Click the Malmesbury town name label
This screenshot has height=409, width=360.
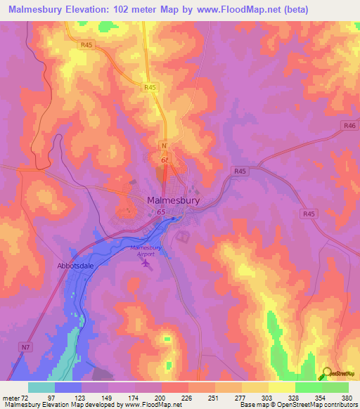pyautogui.click(x=173, y=200)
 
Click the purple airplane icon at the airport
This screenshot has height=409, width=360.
pyautogui.click(x=146, y=264)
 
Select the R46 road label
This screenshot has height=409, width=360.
pyautogui.click(x=350, y=124)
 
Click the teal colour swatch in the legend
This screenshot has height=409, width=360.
pyautogui.click(x=41, y=387)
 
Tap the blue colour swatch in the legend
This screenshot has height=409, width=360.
pyautogui.click(x=68, y=387)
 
